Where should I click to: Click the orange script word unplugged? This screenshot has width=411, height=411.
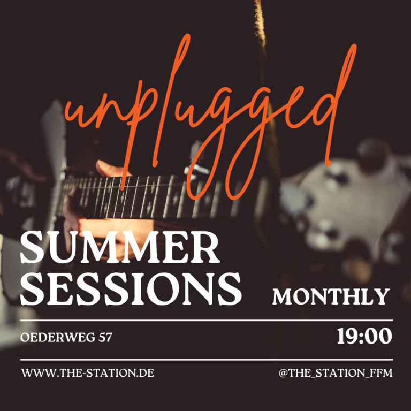210,116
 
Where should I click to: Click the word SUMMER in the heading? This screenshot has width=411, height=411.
120,248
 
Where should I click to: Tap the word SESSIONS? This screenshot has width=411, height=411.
131,289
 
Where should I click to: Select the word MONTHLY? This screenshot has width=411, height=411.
331,296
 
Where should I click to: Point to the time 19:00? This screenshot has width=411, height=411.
364,336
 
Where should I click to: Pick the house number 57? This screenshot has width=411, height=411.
105,337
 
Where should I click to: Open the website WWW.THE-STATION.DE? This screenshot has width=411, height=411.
88,373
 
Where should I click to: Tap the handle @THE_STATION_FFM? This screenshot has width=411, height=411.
336,373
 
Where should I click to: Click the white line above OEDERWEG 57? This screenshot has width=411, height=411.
207,321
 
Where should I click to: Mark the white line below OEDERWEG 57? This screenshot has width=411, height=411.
207,360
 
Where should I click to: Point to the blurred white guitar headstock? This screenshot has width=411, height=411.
346,210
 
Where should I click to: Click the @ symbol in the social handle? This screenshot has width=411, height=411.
283,373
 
